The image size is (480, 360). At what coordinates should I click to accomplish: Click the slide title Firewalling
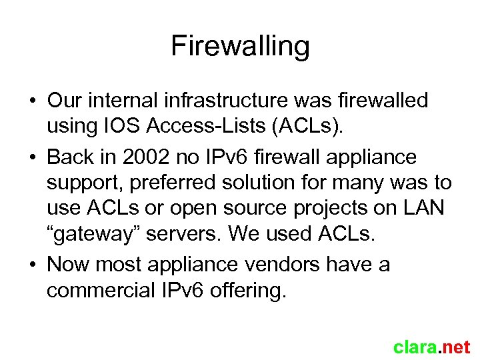[x=240, y=47]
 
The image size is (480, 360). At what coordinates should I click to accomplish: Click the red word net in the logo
[x=457, y=347]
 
